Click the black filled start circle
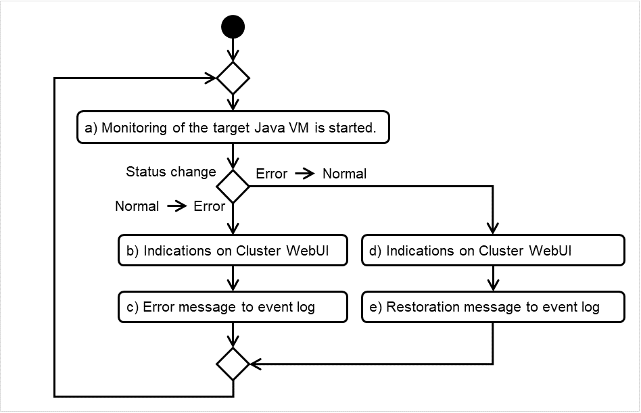tap(233, 27)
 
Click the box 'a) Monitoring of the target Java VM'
tap(233, 127)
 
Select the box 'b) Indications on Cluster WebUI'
tap(233, 250)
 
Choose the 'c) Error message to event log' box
tap(233, 307)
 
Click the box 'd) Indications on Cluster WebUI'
tap(492, 250)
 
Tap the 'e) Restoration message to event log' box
tap(492, 307)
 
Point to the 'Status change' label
tap(171, 172)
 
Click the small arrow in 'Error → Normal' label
tap(305, 174)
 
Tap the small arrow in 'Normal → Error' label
tap(176, 206)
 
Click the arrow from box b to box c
tap(233, 278)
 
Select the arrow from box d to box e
tap(492, 278)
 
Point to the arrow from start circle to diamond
tap(233, 49)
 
